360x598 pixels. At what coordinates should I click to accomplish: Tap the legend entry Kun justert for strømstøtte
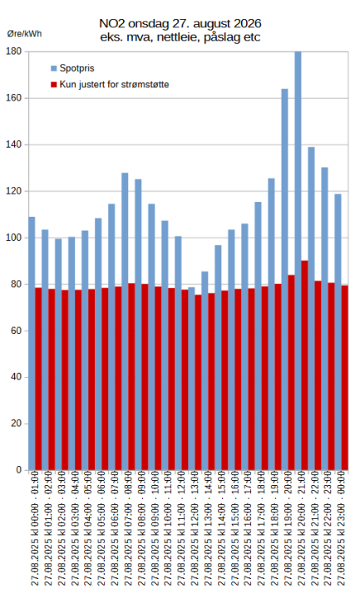[x=109, y=85]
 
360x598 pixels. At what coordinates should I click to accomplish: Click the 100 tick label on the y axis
[x=13, y=238]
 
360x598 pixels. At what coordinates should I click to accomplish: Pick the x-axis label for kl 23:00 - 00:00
[x=341, y=532]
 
